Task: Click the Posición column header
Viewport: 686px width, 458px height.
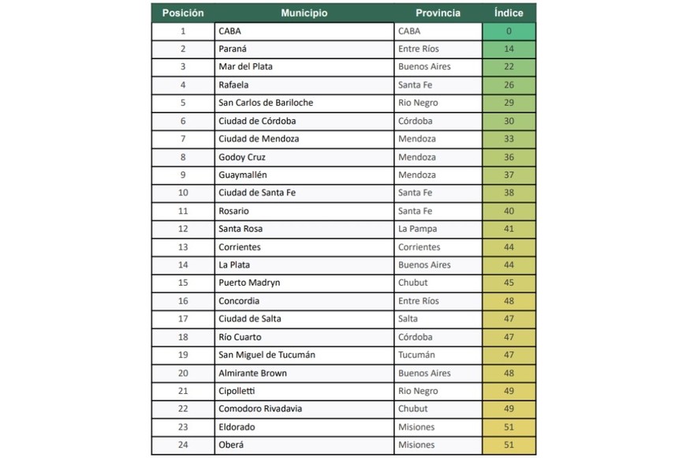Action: pos(183,13)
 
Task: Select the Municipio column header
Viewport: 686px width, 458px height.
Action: pos(304,13)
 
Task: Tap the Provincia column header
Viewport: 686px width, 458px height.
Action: pos(438,13)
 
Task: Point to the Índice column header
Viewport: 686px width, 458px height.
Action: pos(509,13)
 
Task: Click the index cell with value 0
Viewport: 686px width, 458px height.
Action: pos(509,31)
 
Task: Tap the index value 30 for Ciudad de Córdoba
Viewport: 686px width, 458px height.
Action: pos(509,121)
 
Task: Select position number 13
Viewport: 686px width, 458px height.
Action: pos(183,247)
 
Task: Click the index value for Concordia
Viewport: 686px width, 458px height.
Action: pos(509,301)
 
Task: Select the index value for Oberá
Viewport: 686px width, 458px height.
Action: pos(509,445)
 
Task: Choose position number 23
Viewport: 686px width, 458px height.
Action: pos(183,427)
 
